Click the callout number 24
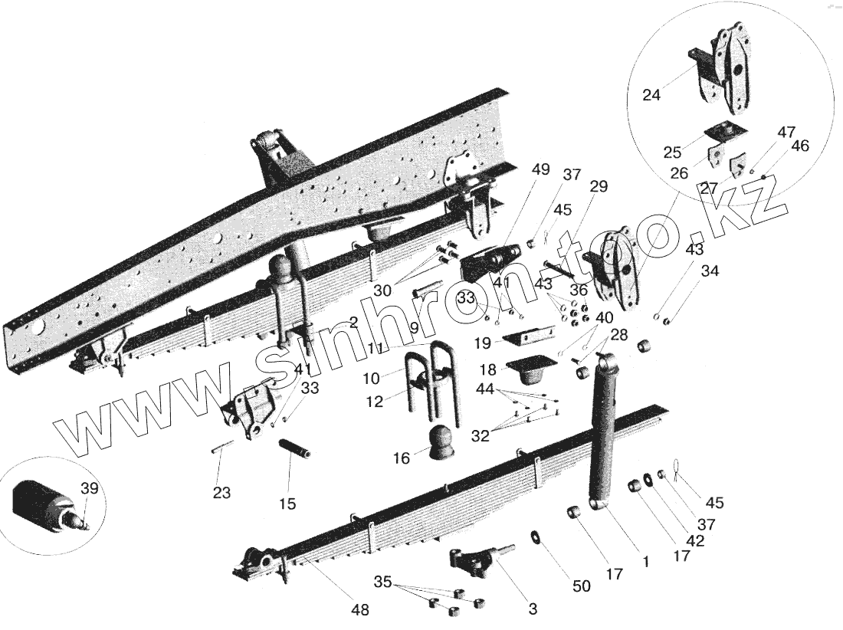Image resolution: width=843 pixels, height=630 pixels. [x=651, y=96]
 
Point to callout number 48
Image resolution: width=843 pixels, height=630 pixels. [x=359, y=610]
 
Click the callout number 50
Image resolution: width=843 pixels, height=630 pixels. [x=582, y=586]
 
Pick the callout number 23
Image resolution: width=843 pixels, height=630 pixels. [x=221, y=493]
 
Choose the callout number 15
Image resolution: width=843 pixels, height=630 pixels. [x=287, y=504]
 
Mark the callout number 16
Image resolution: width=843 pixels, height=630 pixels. [x=402, y=458]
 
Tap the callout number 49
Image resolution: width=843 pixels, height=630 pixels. [x=540, y=170]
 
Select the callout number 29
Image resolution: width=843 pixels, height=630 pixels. [x=599, y=186]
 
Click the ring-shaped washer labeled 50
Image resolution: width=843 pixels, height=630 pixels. [x=535, y=535]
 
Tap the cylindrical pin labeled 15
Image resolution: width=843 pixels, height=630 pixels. [x=294, y=448]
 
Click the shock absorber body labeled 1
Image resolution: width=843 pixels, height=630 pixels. [x=603, y=429]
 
